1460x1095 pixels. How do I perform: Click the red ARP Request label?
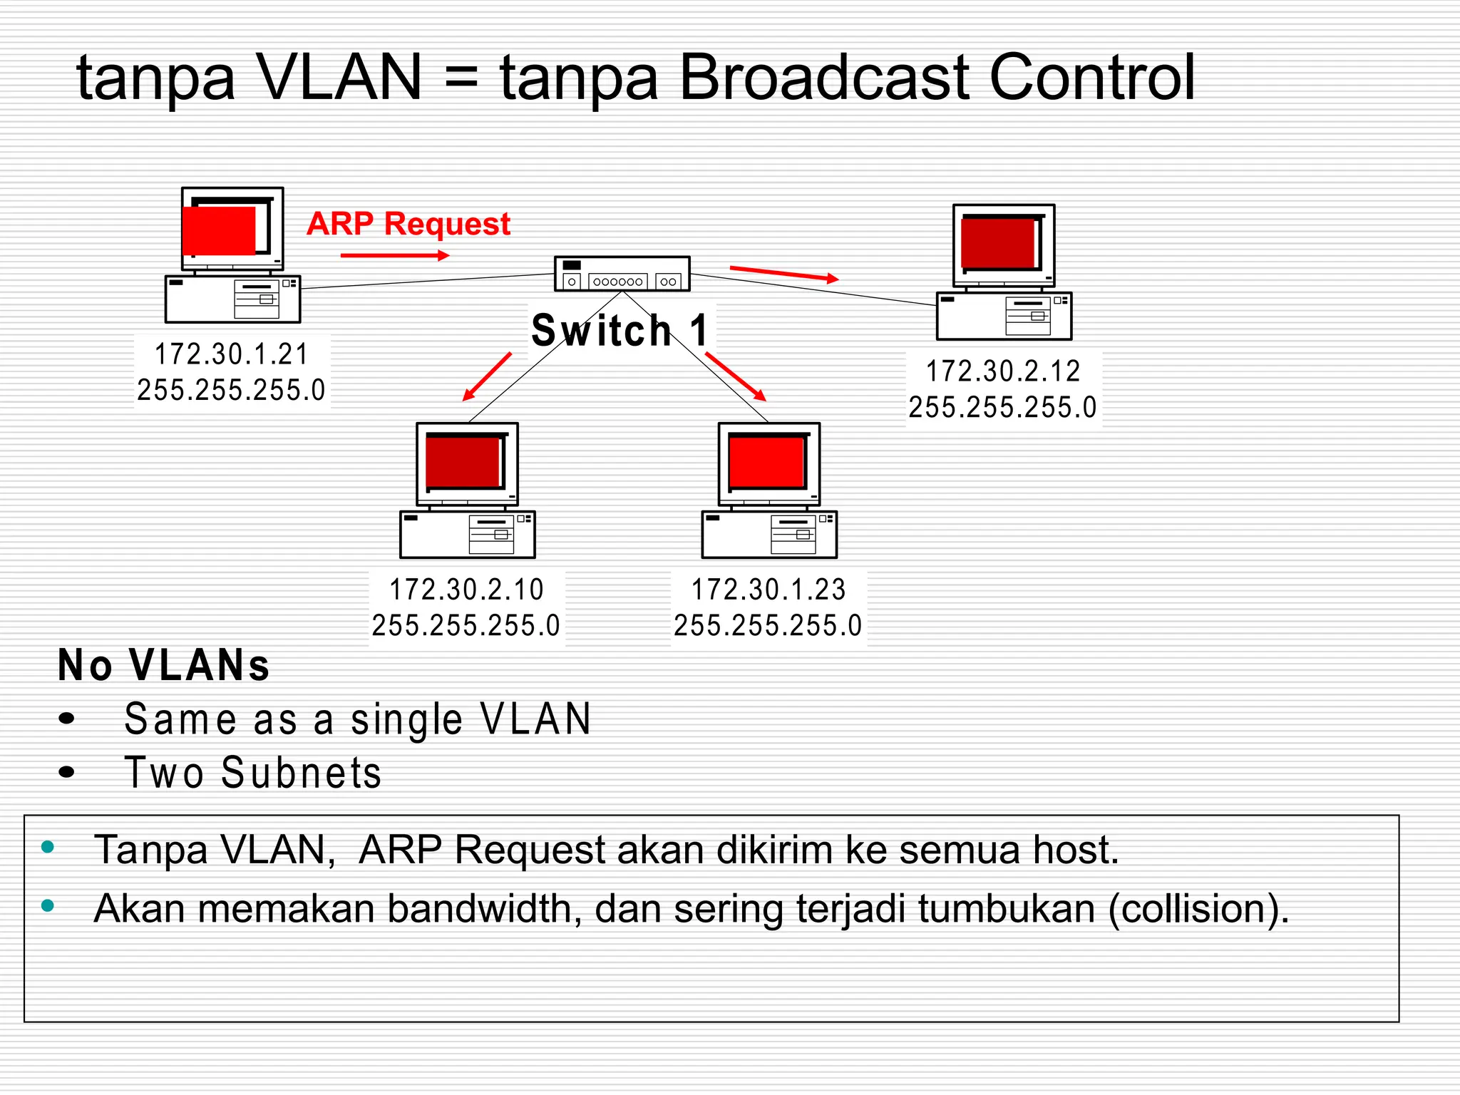[x=408, y=224]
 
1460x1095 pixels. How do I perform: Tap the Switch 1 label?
[x=620, y=331]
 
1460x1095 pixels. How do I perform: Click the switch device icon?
[x=622, y=274]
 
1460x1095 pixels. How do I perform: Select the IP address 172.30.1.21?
[x=232, y=354]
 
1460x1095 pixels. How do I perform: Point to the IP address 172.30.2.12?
[x=1003, y=371]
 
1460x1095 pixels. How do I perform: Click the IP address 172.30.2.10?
[x=466, y=590]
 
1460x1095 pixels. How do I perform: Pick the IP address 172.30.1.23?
[x=768, y=590]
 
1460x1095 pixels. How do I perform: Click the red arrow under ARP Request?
[x=394, y=255]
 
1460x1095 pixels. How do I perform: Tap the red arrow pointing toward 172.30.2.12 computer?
[x=783, y=274]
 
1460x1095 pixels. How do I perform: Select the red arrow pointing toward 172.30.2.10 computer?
[x=488, y=376]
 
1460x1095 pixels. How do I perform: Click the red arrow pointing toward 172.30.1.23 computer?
[x=736, y=376]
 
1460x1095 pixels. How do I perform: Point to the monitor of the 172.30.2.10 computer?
[x=467, y=463]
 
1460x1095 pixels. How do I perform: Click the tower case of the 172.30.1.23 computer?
[x=768, y=535]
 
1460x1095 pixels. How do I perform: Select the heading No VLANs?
[x=163, y=665]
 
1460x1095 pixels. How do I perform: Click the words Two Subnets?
[x=253, y=773]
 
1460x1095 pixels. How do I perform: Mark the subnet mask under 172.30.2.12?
[x=1002, y=408]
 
